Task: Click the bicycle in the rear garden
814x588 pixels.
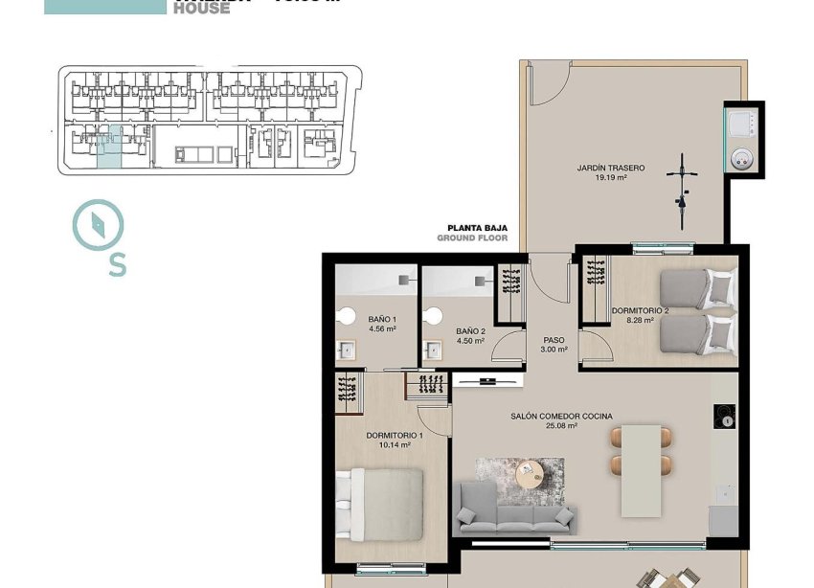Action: click(x=682, y=192)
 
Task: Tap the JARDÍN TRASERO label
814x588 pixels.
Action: click(x=610, y=172)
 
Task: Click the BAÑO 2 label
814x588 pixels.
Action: click(x=469, y=335)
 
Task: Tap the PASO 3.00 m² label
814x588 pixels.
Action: click(x=554, y=344)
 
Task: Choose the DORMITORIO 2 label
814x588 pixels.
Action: click(x=640, y=316)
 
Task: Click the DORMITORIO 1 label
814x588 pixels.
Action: click(x=394, y=440)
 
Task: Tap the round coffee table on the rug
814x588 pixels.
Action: click(x=529, y=473)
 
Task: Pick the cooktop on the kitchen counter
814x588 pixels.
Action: click(x=725, y=417)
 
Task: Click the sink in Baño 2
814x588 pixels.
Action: click(x=432, y=351)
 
